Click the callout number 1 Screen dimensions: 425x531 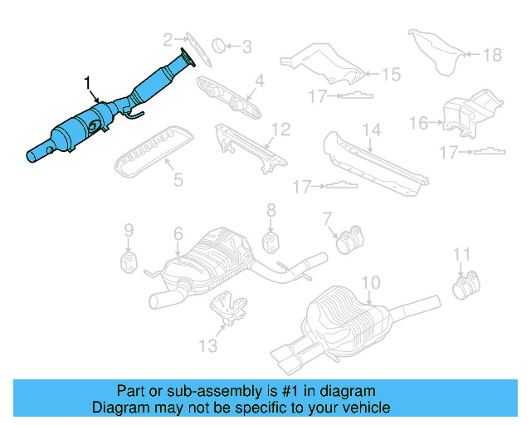[87, 82]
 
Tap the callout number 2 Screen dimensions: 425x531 [168, 38]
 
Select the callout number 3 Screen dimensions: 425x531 [246, 47]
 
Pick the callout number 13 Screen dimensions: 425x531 [208, 344]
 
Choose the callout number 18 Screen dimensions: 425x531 [493, 55]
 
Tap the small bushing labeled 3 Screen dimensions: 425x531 [218, 45]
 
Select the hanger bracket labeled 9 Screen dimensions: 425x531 [129, 262]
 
